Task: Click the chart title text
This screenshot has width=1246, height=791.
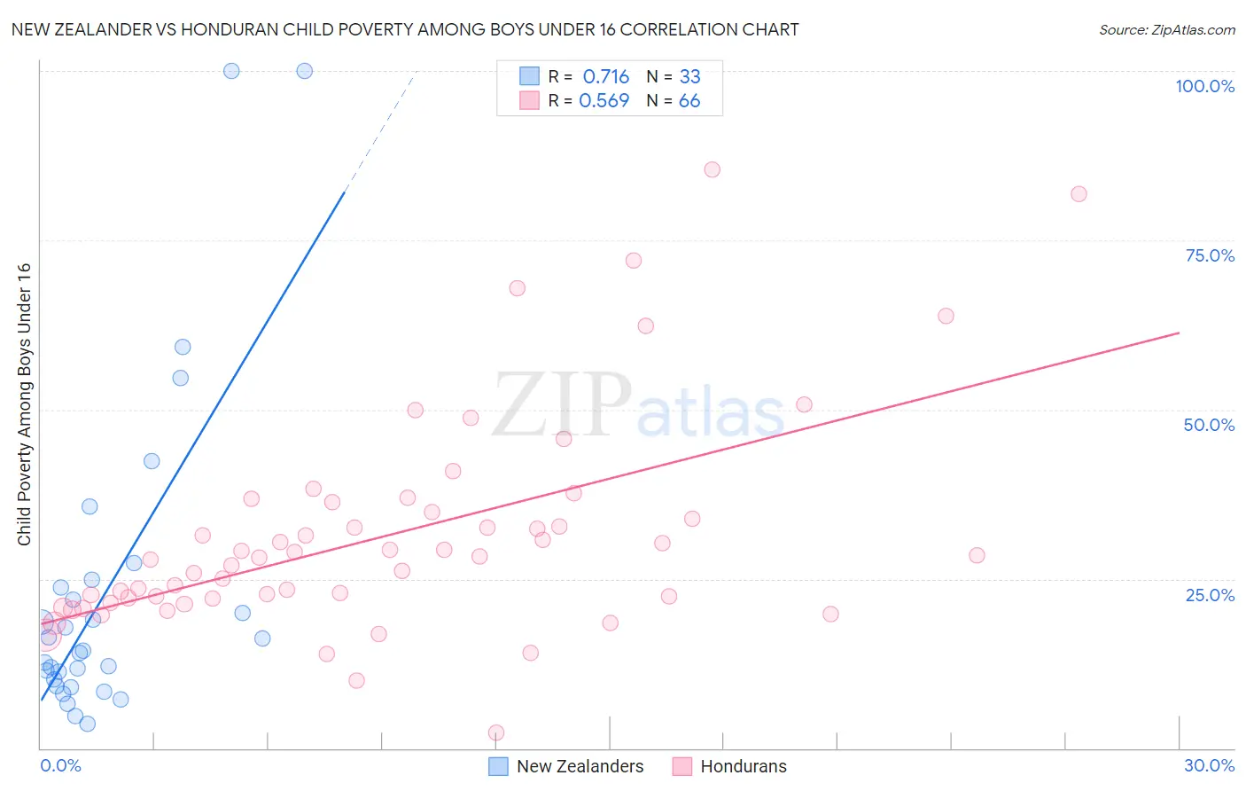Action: (x=405, y=29)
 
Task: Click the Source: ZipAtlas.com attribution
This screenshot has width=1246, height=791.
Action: (x=1166, y=29)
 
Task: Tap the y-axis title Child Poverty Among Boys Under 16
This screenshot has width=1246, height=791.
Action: (x=24, y=404)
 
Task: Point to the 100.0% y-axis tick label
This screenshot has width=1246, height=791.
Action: (x=1204, y=86)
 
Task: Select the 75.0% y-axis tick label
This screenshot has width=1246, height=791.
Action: (x=1210, y=255)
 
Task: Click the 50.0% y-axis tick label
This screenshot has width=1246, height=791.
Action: (x=1209, y=425)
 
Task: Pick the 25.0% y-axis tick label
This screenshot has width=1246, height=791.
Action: (x=1210, y=594)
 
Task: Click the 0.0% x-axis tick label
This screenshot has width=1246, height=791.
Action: (x=60, y=765)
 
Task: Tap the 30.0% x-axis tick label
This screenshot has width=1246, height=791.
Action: (x=1209, y=765)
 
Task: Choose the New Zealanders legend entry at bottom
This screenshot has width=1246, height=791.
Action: (x=567, y=766)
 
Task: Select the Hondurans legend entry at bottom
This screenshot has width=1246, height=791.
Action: (x=730, y=766)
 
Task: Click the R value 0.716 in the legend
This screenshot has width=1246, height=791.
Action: (x=605, y=76)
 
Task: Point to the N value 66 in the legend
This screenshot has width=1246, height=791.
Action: (x=689, y=101)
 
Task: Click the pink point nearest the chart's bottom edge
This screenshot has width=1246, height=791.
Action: (x=496, y=732)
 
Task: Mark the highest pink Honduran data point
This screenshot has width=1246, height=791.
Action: (x=712, y=169)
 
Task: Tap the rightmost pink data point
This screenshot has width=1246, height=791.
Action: (x=1079, y=194)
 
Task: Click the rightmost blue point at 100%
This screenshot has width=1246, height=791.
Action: (x=304, y=71)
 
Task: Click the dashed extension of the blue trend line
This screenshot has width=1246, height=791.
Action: (x=381, y=133)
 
